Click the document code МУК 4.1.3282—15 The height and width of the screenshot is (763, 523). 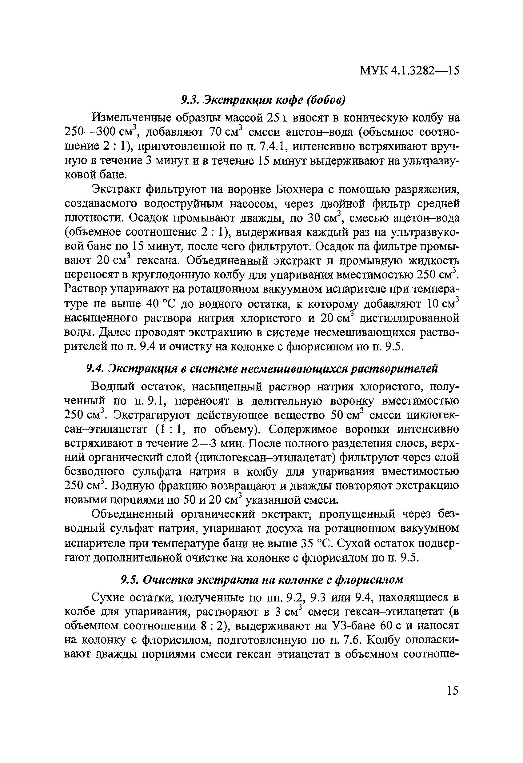(x=409, y=70)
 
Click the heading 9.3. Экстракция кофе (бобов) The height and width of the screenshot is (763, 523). (x=263, y=100)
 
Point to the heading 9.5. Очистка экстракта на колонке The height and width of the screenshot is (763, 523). (x=262, y=580)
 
